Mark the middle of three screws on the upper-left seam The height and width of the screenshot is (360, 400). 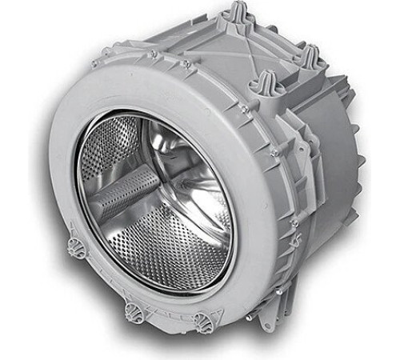pyautogui.click(x=152, y=54)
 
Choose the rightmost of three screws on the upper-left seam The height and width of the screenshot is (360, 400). pyautogui.click(x=185, y=63)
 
